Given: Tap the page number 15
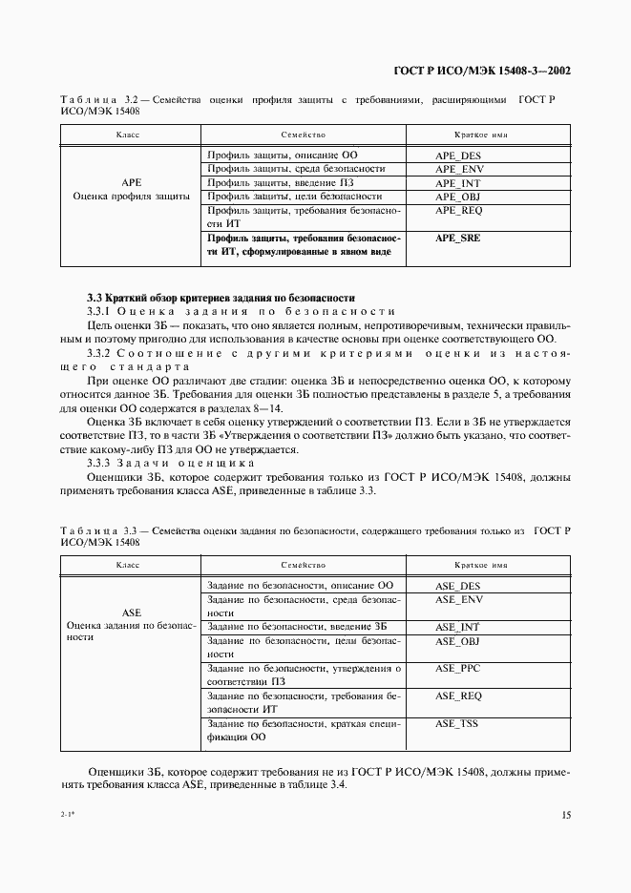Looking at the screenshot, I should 566,815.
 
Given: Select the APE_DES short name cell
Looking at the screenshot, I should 458,154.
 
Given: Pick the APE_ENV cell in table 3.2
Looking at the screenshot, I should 458,168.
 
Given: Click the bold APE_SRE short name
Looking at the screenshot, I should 458,239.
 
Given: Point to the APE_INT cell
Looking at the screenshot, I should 458,182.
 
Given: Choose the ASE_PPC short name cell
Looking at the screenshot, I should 458,669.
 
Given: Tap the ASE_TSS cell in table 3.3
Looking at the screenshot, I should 458,724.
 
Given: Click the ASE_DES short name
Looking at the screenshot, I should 458,585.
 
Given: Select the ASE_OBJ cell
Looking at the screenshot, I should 458,641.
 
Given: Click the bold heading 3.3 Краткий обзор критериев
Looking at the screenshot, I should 221,297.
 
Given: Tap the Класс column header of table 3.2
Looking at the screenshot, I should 128,135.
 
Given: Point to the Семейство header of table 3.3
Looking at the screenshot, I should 304,566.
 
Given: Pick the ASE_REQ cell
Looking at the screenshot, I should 458,696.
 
